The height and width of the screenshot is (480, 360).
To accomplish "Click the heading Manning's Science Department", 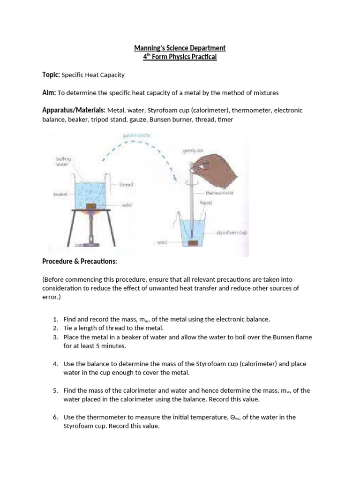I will [x=180, y=48].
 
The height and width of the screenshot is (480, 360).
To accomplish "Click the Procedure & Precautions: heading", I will [x=82, y=261].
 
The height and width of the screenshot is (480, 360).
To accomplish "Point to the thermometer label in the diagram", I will [x=220, y=193].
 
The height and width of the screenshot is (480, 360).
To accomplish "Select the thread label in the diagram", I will [x=127, y=185].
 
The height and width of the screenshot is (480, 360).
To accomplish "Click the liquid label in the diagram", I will [x=207, y=202].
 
